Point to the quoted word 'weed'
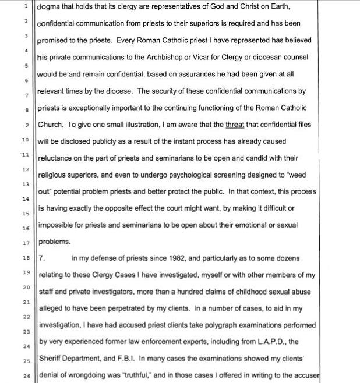coord(303,175)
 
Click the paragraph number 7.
coord(41,258)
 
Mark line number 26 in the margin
coord(26,376)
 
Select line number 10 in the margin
coord(26,140)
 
